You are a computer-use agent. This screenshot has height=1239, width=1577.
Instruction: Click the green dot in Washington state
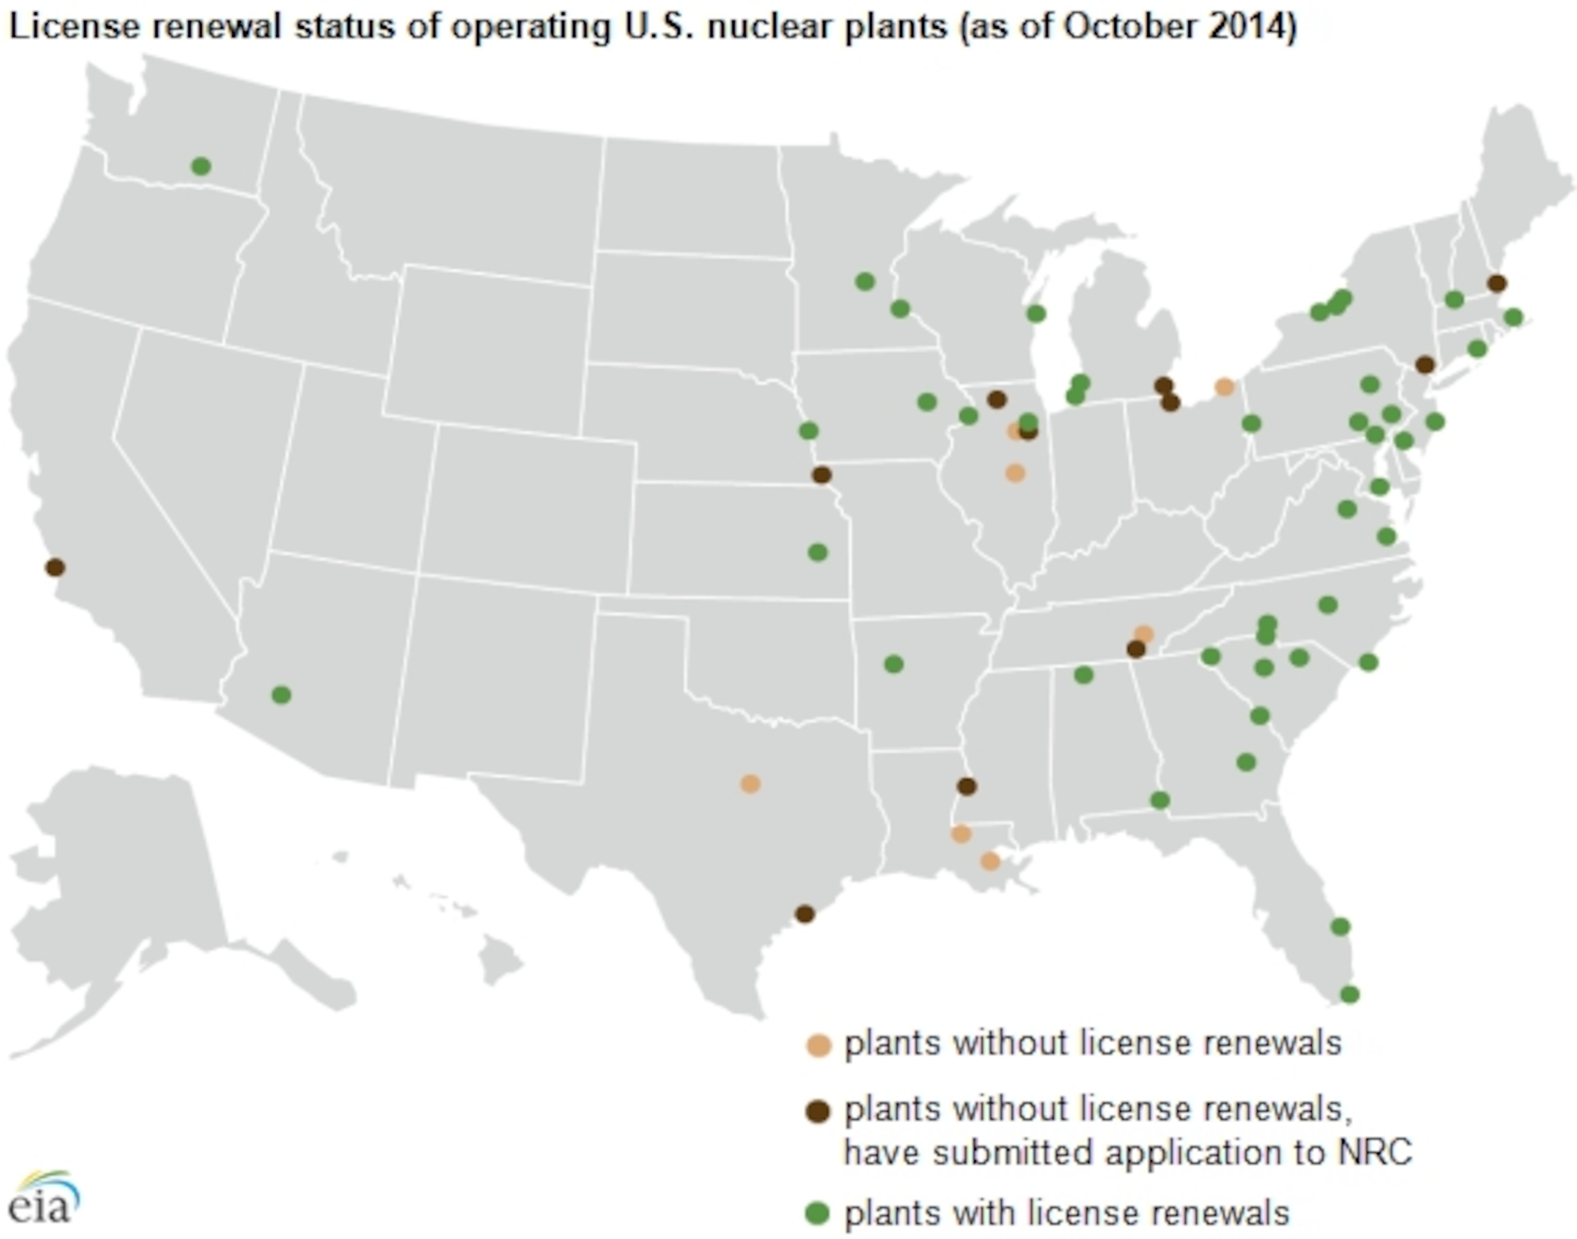click(201, 166)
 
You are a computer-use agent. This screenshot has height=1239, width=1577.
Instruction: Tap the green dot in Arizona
click(281, 695)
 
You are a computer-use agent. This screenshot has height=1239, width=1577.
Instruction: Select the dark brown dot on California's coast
click(54, 567)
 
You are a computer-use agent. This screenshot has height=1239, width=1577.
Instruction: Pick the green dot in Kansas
click(818, 552)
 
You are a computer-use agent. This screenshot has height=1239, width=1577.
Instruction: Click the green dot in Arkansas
click(894, 663)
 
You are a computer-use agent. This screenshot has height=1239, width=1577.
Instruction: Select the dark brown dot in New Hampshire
click(1496, 283)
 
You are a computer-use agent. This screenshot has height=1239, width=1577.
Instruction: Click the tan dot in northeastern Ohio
click(1224, 386)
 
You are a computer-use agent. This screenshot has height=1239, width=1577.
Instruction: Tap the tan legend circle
click(819, 1046)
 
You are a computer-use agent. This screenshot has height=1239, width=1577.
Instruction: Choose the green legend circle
click(819, 1213)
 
